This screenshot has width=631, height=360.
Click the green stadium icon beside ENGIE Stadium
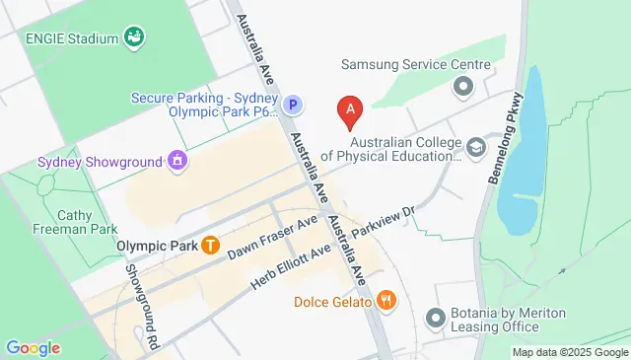pyautogui.click(x=135, y=38)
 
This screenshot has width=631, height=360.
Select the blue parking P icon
pyautogui.click(x=292, y=105)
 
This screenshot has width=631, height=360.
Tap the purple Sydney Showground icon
pyautogui.click(x=177, y=159)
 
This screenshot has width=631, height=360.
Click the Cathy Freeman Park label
pyautogui.click(x=64, y=223)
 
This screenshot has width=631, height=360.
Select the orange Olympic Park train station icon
pyautogui.click(x=210, y=246)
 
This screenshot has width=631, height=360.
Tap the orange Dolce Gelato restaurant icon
pyautogui.click(x=386, y=301)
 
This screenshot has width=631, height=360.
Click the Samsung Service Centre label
pyautogui.click(x=415, y=65)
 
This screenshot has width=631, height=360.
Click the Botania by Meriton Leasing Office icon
pyautogui.click(x=435, y=320)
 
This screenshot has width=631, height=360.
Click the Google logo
pyautogui.click(x=33, y=348)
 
